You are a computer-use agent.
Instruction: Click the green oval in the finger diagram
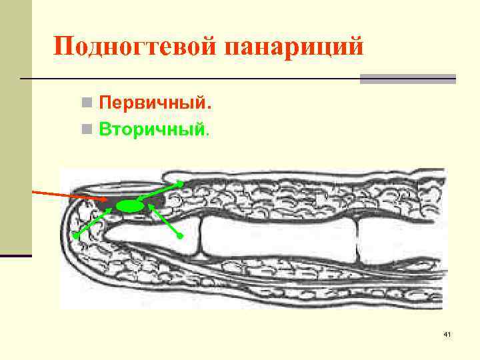[130, 207]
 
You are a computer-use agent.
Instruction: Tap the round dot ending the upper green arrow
[181, 181]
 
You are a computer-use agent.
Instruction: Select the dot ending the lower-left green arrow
[77, 235]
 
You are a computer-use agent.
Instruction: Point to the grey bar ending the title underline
[407, 79]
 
